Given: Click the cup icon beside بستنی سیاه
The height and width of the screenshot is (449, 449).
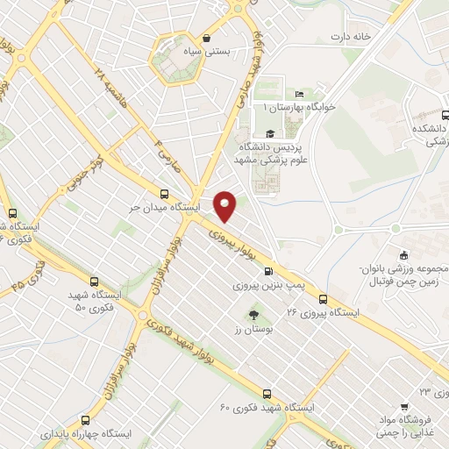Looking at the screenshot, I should (x=206, y=38).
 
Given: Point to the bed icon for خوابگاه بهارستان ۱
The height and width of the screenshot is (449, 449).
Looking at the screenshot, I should (x=300, y=93).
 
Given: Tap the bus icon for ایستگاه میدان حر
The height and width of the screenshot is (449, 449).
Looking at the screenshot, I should (x=165, y=193).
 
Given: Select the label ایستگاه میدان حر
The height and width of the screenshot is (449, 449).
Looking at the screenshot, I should (x=167, y=208).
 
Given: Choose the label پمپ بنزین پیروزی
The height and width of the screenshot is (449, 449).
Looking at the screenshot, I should (x=266, y=285).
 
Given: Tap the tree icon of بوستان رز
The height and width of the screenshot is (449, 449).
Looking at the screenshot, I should (x=254, y=314).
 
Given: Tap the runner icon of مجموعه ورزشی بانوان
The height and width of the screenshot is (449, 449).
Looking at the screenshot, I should (x=403, y=253).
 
